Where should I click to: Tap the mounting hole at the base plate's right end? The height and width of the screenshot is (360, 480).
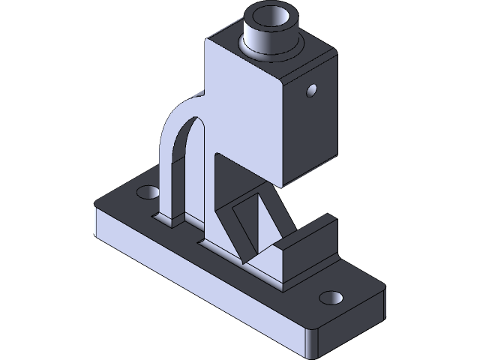click(x=329, y=298)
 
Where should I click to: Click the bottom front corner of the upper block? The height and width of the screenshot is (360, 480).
click(x=283, y=185)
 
